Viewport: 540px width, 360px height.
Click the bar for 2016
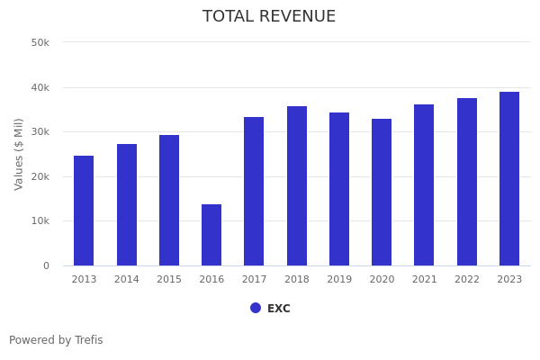click(211, 235)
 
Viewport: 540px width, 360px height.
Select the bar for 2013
click(84, 211)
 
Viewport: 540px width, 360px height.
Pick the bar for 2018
click(297, 185)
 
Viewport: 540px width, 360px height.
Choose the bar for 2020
click(382, 192)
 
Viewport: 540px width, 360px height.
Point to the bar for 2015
click(169, 200)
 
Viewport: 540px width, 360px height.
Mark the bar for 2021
click(424, 184)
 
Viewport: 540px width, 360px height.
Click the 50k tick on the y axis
click(40, 42)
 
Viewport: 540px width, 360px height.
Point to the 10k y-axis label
click(40, 221)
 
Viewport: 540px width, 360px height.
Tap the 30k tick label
click(40, 132)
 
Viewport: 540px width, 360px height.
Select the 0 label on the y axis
click(46, 265)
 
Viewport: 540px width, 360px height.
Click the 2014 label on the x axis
click(127, 280)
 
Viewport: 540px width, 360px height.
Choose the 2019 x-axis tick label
click(339, 280)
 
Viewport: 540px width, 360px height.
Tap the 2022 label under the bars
click(467, 280)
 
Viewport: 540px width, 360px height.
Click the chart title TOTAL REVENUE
click(269, 17)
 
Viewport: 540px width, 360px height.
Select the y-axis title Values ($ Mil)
click(20, 154)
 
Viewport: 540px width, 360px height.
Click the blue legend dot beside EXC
click(256, 308)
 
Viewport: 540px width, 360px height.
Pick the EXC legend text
click(279, 309)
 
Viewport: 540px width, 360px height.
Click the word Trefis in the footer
click(88, 340)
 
